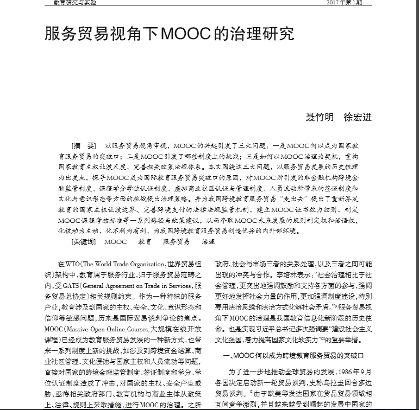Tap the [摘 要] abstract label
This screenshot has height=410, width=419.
[x=84, y=146]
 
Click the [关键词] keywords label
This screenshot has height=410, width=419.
[x=84, y=241]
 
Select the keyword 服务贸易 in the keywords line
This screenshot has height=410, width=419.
[x=177, y=241]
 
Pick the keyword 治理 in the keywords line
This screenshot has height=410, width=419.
[x=208, y=241]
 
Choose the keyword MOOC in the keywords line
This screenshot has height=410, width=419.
[x=115, y=241]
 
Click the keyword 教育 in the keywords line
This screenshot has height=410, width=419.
[x=145, y=241]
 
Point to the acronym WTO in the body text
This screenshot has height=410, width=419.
[x=73, y=263]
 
